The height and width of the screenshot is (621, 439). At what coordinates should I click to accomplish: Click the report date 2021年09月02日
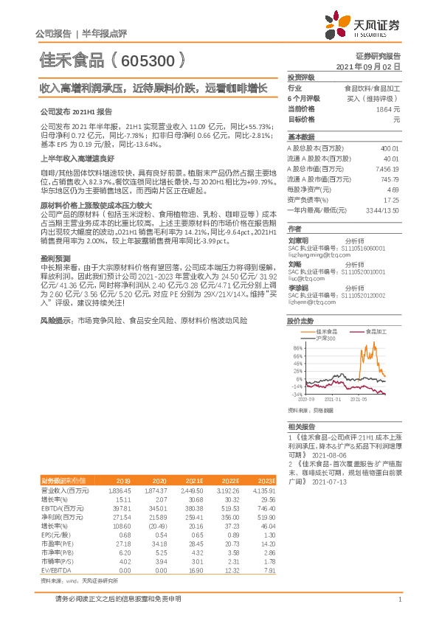pyautogui.click(x=368, y=66)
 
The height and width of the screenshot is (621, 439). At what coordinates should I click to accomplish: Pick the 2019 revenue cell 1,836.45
pyautogui.click(x=119, y=490)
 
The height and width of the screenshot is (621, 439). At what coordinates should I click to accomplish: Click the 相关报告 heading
pyautogui.click(x=301, y=427)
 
